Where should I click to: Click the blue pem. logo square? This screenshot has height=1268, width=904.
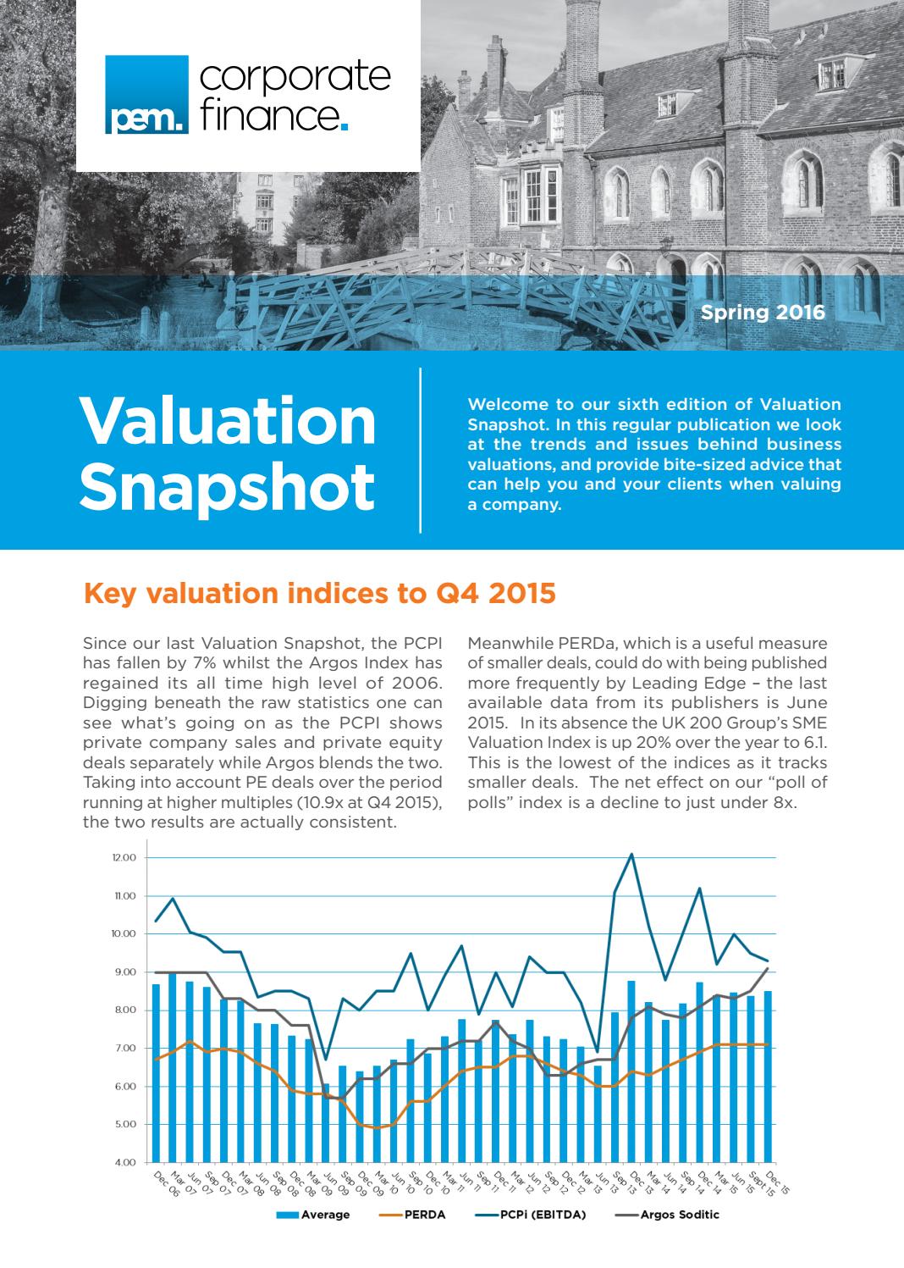146,95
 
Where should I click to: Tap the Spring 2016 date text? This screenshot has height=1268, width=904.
762,313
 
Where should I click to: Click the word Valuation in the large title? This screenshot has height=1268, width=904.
227,421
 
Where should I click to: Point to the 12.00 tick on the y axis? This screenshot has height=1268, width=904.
124,858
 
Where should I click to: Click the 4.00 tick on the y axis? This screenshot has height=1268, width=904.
124,1162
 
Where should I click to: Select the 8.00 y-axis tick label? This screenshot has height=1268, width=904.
124,1010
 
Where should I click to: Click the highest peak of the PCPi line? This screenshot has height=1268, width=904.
631,854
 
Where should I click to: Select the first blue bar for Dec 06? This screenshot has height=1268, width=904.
156,1072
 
